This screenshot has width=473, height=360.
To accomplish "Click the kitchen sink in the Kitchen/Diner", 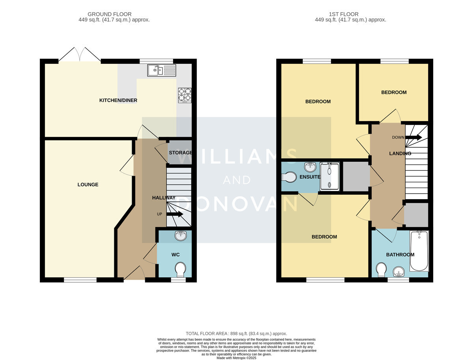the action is click(162, 70).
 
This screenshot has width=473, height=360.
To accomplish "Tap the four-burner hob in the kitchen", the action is click(185, 95).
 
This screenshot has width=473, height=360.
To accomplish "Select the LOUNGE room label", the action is click(88, 185).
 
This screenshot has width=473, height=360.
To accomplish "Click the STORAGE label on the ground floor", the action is click(181, 153).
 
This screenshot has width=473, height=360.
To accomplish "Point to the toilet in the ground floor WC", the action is click(181, 269).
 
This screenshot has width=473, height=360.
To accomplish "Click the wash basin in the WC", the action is click(181, 236).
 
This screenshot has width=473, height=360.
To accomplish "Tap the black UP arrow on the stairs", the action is click(175, 214).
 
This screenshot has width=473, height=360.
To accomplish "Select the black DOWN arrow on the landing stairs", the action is click(413, 137).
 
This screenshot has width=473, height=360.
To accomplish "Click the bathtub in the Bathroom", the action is click(419, 251).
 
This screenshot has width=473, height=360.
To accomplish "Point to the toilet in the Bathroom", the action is click(381, 270).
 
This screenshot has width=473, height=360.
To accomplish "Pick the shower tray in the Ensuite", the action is click(330, 177).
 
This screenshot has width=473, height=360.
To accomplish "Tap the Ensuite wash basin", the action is click(310, 167).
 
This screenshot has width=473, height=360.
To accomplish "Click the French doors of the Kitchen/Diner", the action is click(80, 54).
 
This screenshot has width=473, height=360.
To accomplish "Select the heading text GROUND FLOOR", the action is click(110, 14).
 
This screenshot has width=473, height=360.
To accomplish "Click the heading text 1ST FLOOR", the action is click(344, 14).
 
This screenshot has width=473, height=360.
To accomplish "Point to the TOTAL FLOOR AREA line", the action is click(236, 334).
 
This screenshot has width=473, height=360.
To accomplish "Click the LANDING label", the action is click(400, 153).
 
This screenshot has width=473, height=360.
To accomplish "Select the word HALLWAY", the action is click(164, 198).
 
